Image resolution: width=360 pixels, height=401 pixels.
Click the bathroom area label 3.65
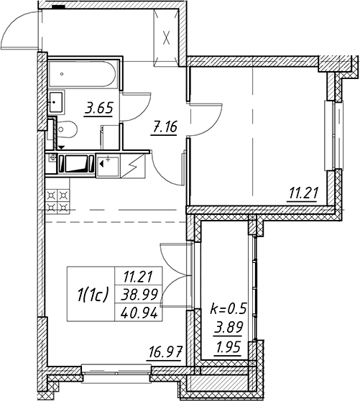(99, 109)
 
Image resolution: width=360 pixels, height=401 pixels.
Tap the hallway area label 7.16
(164, 126)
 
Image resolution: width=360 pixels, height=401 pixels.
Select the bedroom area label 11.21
(304, 193)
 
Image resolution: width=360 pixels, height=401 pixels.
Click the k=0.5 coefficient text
(229, 308)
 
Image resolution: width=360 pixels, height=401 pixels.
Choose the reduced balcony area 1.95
(229, 347)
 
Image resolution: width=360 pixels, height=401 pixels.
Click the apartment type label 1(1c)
(92, 294)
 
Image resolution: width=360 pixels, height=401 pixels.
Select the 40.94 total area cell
(139, 313)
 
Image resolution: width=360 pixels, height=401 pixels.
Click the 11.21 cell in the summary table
(138, 277)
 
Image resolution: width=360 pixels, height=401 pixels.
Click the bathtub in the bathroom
(83, 74)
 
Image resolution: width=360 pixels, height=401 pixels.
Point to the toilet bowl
(66, 129)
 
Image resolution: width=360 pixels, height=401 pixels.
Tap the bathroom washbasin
(56, 103)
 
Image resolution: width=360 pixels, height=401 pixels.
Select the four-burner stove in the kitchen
(57, 201)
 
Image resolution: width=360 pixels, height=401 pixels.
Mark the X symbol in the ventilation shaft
(167, 38)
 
